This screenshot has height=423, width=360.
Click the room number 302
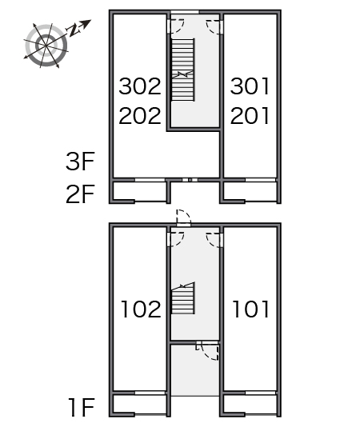pyautogui.click(x=140, y=86)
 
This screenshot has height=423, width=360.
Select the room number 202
pyautogui.click(x=140, y=116)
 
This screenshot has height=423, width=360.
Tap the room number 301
pyautogui.click(x=250, y=86)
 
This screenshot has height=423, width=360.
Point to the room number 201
pyautogui.click(x=250, y=116)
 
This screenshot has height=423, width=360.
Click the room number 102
pyautogui.click(x=141, y=309)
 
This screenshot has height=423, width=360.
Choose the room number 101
pyautogui.click(x=250, y=309)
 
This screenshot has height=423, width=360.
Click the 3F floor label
pyautogui.click(x=80, y=162)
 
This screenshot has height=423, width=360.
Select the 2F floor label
pyautogui.click(x=80, y=194)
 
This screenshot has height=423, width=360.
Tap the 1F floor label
pyautogui.click(x=82, y=407)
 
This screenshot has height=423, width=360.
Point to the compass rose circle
pyautogui.click(x=46, y=46)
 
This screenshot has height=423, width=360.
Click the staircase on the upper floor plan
pyautogui.click(x=183, y=70)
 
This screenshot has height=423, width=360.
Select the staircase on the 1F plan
pyautogui.click(x=183, y=298)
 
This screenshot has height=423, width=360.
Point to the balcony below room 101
pyautogui.click(x=250, y=405)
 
